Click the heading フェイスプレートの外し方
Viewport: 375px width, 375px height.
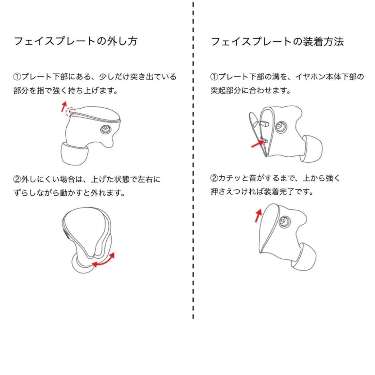(x=75, y=41)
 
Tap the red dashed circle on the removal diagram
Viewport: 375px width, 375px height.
(x=71, y=111)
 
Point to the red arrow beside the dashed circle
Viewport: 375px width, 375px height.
(x=64, y=105)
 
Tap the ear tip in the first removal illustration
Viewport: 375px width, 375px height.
(x=74, y=154)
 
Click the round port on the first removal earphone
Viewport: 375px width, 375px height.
(x=105, y=130)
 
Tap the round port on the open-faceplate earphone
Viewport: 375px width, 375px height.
(x=280, y=127)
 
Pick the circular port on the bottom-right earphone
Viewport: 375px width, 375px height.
(x=285, y=221)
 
